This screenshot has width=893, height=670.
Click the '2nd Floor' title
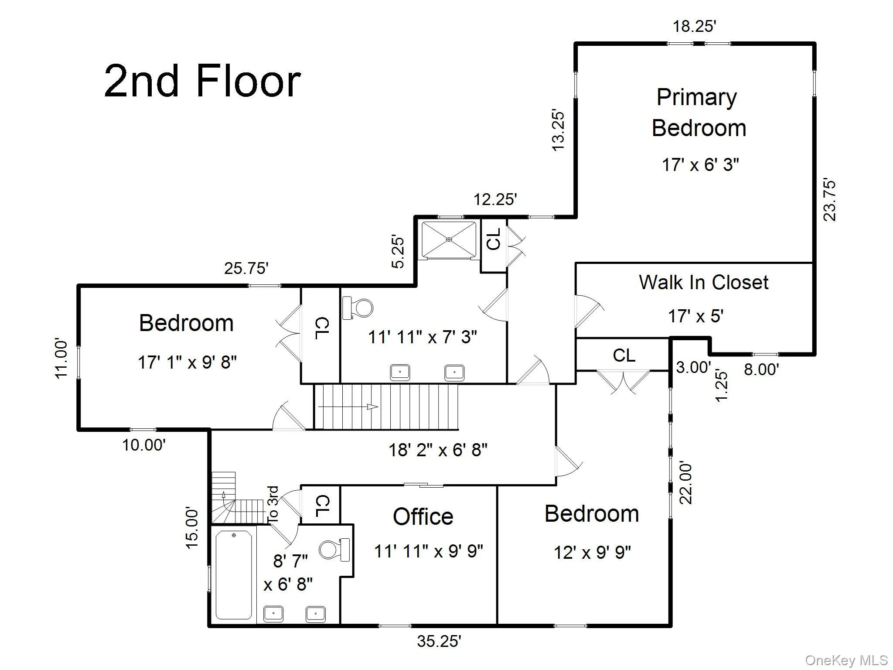pyautogui.click(x=202, y=81)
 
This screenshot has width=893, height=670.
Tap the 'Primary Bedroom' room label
pyautogui.click(x=699, y=113)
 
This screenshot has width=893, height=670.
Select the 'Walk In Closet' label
pyautogui.click(x=703, y=282)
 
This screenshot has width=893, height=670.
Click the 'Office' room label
pyautogui.click(x=423, y=516)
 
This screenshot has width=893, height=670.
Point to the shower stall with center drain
pyautogui.click(x=449, y=239)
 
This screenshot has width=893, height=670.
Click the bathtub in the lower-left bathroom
pyautogui.click(x=234, y=574)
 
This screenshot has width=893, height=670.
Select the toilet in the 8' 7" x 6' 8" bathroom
pyautogui.click(x=334, y=550)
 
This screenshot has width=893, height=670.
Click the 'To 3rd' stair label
pyautogui.click(x=273, y=505)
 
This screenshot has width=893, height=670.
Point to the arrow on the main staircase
pyautogui.click(x=348, y=407)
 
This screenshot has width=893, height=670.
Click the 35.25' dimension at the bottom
pyautogui.click(x=439, y=641)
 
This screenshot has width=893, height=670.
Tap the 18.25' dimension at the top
pyautogui.click(x=694, y=26)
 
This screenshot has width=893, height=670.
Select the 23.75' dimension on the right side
pyautogui.click(x=829, y=200)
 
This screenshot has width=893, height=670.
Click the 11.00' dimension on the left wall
pyautogui.click(x=62, y=359)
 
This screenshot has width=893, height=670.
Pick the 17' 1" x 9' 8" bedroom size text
pyautogui.click(x=187, y=362)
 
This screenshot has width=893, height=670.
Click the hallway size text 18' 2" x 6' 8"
pyautogui.click(x=438, y=449)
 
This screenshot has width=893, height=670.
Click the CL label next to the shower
pyautogui.click(x=494, y=239)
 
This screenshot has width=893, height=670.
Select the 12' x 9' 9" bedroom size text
pyautogui.click(x=592, y=553)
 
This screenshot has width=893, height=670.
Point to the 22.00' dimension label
pyautogui.click(x=686, y=484)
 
